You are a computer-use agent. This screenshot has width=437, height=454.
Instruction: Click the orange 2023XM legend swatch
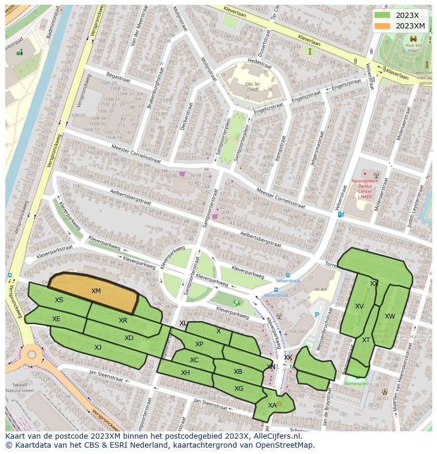(x=383, y=26)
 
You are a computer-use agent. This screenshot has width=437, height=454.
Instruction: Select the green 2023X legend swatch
(x=383, y=15)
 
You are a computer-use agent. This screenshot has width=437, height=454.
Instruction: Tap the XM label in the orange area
(x=96, y=291)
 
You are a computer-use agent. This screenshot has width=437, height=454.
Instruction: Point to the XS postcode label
(x=59, y=300)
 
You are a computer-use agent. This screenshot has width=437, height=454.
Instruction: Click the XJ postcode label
(x=98, y=347)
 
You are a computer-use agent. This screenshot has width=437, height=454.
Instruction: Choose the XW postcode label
(x=389, y=316)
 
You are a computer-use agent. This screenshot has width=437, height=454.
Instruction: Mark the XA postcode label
(x=272, y=405)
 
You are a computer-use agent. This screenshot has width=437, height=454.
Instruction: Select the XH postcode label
(x=185, y=372)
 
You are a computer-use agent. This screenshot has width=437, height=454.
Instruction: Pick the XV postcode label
(x=359, y=306)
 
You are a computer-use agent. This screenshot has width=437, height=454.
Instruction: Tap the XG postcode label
(x=239, y=389)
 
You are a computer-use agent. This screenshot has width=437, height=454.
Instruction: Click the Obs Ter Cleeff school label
(x=245, y=86)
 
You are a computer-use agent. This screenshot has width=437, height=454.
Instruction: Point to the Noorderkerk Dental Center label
(x=365, y=189)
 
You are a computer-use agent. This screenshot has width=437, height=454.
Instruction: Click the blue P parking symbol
(x=317, y=315)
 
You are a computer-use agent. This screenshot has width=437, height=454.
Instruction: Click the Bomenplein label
(x=357, y=384)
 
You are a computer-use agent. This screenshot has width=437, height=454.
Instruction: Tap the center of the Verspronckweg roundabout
(x=31, y=354)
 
